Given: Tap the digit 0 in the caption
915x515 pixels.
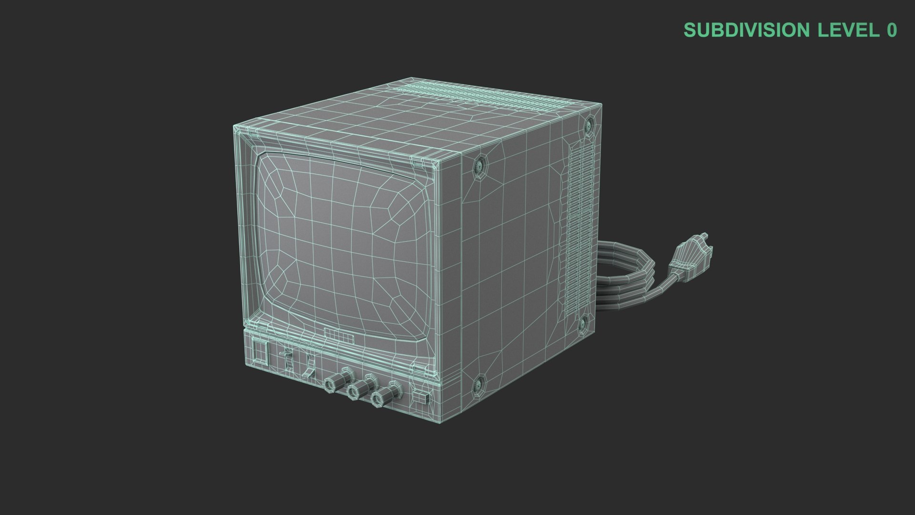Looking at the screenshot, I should pos(892,30).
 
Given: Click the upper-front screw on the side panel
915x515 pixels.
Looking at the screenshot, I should pos(479,165).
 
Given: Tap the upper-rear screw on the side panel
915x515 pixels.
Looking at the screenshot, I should pos(588,125).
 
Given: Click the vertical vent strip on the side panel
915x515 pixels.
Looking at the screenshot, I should pos(577,224).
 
